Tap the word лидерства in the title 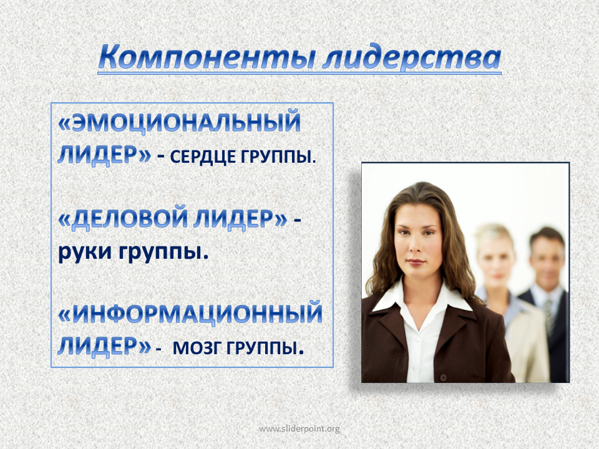click(x=412, y=58)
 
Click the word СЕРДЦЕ click(x=202, y=157)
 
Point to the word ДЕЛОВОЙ click(x=130, y=218)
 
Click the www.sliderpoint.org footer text click(x=299, y=429)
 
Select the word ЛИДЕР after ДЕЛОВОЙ click(x=239, y=218)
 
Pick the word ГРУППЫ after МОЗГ click(x=262, y=347)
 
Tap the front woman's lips click(x=416, y=263)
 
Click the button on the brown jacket click(x=443, y=378)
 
